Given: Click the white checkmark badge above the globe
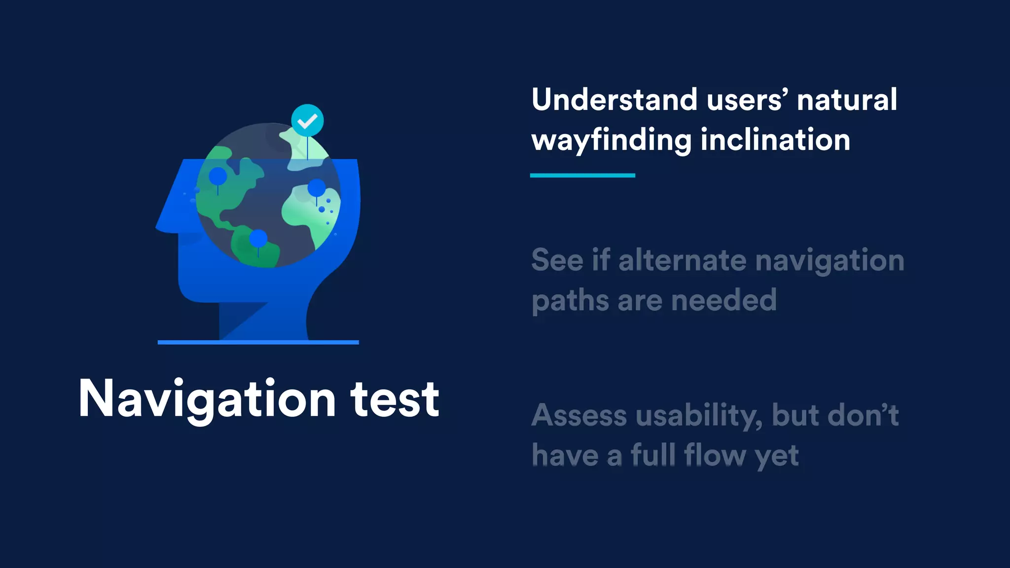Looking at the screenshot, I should [x=307, y=120].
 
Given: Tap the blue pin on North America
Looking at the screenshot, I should [x=217, y=176].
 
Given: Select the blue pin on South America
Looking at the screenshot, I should [x=258, y=239].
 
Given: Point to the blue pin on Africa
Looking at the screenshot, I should [x=317, y=188].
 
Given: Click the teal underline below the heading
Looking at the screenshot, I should [x=582, y=175].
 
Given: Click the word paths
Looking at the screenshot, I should [x=570, y=301].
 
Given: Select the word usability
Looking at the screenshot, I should [x=698, y=416].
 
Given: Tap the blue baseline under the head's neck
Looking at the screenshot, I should [x=258, y=342].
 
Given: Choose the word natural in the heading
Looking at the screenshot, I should [x=847, y=100].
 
